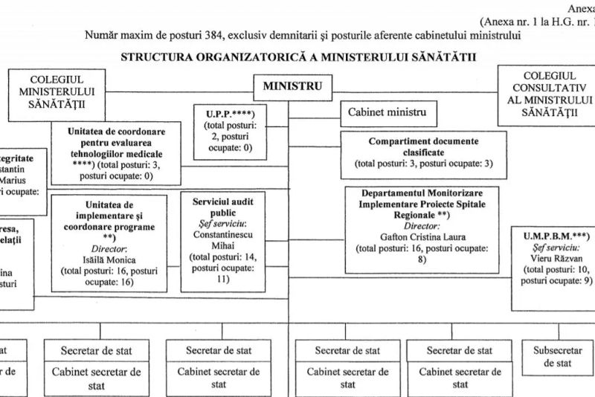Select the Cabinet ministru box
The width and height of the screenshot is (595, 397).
[388, 114]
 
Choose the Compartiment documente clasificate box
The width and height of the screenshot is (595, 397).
[423, 152]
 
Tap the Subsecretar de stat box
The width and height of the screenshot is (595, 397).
[556, 357]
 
